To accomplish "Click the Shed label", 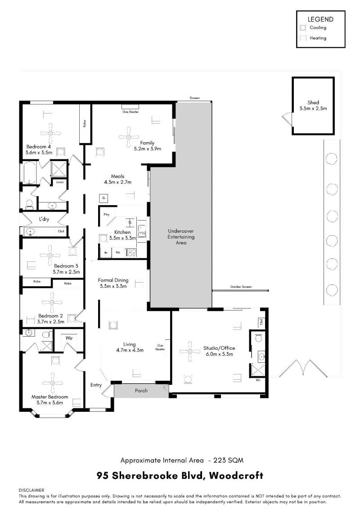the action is coord(313,102).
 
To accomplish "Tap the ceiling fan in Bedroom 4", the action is coord(50,133).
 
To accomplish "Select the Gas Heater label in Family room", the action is coord(130,112).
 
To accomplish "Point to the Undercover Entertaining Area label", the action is coord(181,237).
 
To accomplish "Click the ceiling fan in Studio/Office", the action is coord(190,351).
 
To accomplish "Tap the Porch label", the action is coord(141,391).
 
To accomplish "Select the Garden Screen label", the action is coord(241,287).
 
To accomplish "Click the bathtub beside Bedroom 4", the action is coord(28,173).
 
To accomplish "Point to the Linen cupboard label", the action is coord(60,182).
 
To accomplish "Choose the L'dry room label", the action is coord(44,219).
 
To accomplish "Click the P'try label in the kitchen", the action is coord(107,215).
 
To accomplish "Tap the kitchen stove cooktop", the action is coord(131,252).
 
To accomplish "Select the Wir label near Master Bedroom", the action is coord(69,338).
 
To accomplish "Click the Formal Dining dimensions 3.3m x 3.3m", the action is coord(113,286).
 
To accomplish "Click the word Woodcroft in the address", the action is coord(236,476).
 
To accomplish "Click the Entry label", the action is coord(96,385).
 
